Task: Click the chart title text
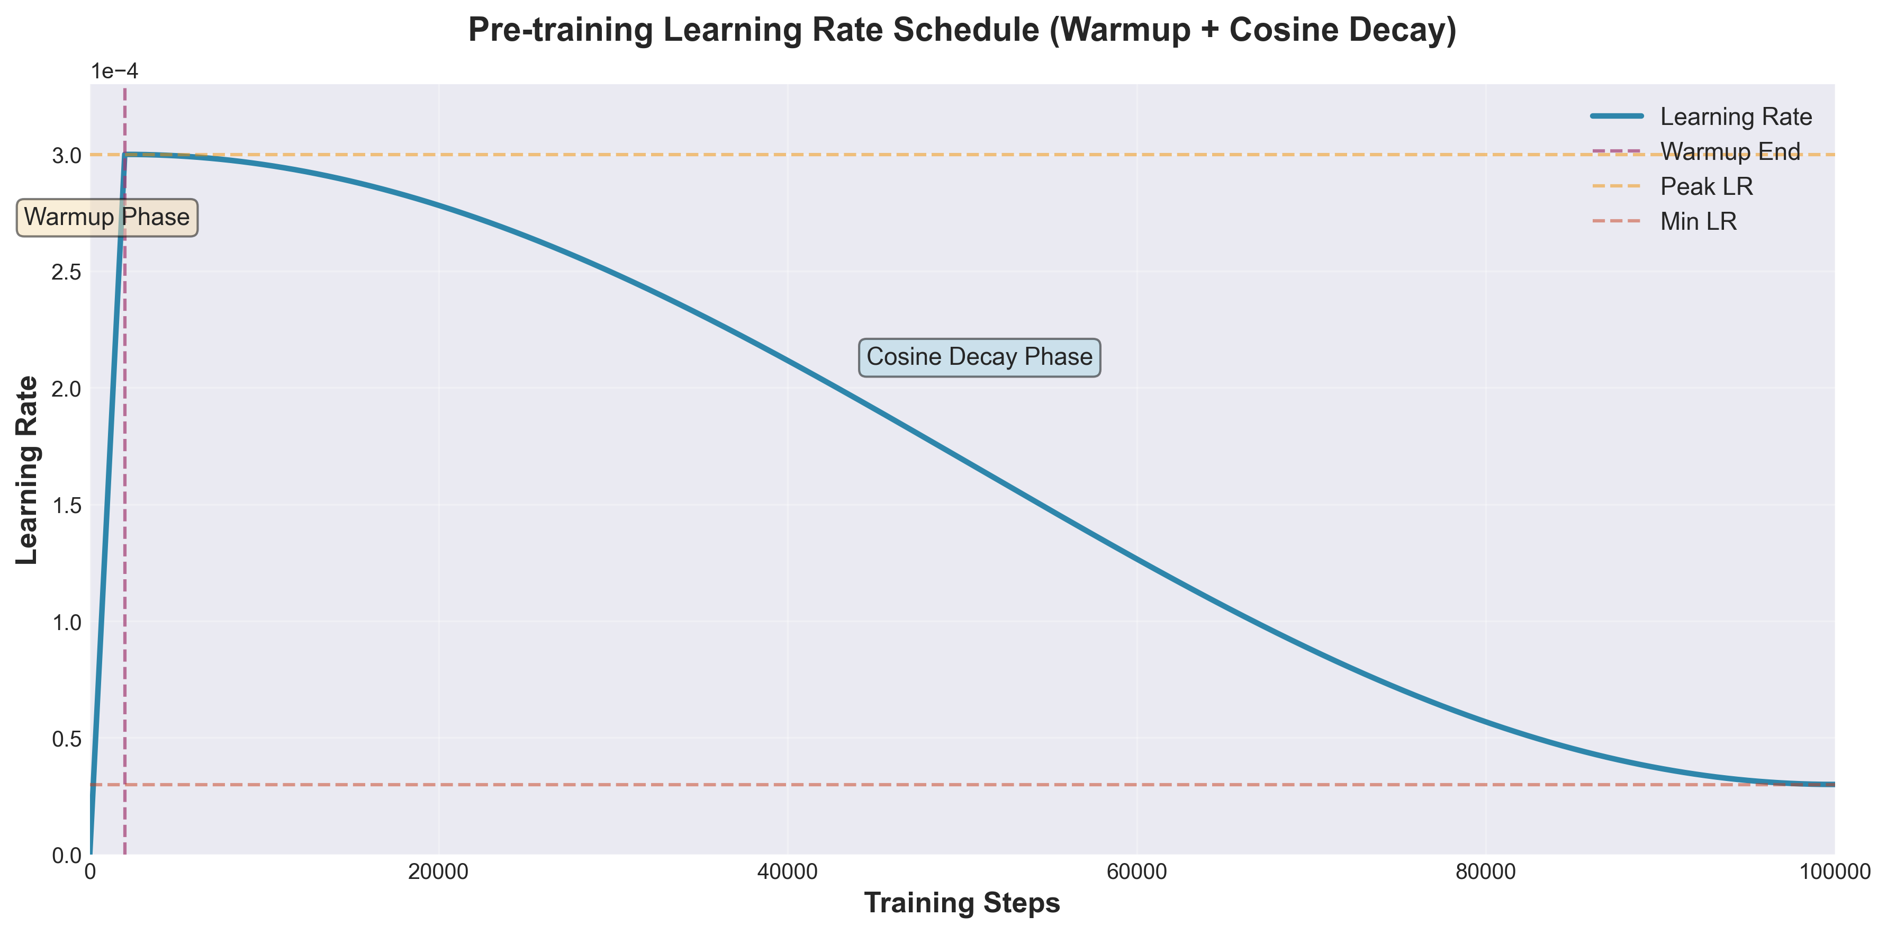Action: point(962,31)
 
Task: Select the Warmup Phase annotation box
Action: point(107,218)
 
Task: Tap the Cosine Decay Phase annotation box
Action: point(979,357)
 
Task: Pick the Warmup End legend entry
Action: point(1729,151)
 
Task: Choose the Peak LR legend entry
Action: point(1706,187)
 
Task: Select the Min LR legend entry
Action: point(1698,221)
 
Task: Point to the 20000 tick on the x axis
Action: point(439,873)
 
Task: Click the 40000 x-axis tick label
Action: point(788,873)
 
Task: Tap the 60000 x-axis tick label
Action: point(1137,873)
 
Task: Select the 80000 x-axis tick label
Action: point(1486,873)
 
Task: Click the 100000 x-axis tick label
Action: point(1834,873)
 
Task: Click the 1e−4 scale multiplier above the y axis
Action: point(114,72)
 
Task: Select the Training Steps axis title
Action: point(962,903)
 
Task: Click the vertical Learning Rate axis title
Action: point(27,470)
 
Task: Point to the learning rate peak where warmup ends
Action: point(125,155)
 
